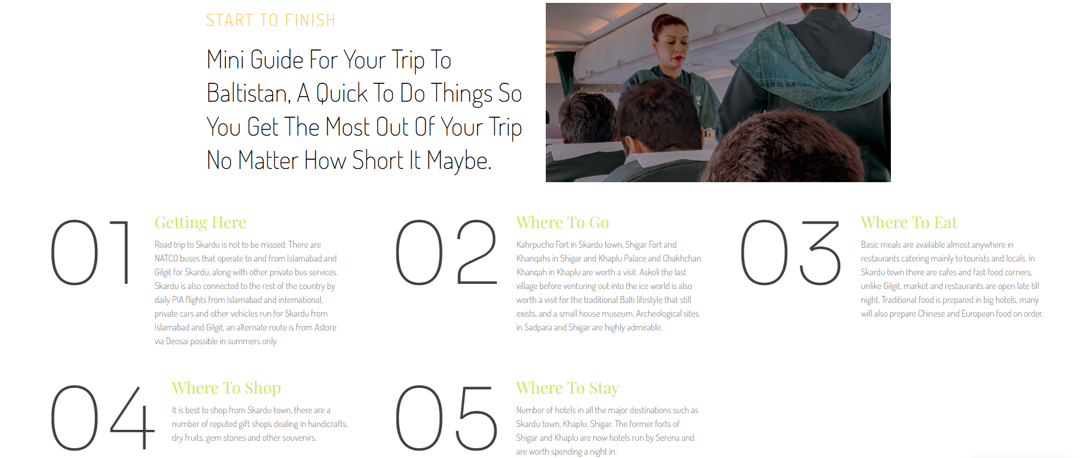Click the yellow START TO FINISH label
[x=271, y=21]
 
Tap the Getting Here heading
[x=200, y=222]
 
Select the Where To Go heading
[x=562, y=222]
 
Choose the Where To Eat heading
[x=909, y=222]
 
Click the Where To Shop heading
[x=226, y=388]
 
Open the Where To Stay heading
[x=568, y=388]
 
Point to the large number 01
[x=91, y=253]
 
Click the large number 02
[x=446, y=253]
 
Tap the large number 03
[x=791, y=253]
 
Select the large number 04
[x=103, y=418]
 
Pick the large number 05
[x=446, y=418]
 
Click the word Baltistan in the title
[x=248, y=93]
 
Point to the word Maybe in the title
[x=459, y=161]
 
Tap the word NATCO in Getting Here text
[x=166, y=259]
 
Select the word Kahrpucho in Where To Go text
[x=534, y=245]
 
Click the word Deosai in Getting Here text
[x=177, y=341]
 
